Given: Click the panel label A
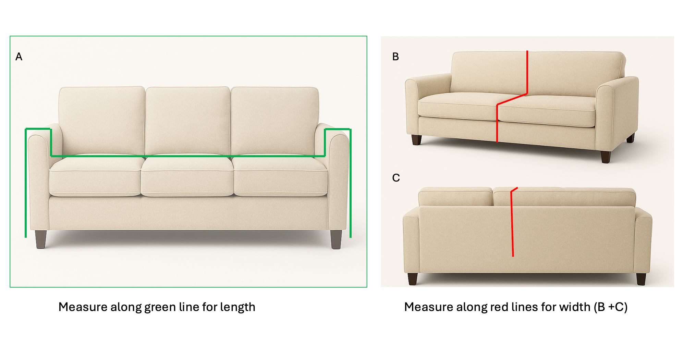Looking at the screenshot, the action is coord(19,57).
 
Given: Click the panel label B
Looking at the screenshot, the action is coord(395,57).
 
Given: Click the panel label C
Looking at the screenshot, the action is coord(396,178).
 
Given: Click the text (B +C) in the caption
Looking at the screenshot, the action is coord(610,307).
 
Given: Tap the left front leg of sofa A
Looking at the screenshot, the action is coord(41,239).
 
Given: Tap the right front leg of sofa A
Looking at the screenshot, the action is coord(336,239).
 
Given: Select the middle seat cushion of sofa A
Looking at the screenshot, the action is coord(187,176).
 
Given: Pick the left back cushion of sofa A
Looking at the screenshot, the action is coord(101,121).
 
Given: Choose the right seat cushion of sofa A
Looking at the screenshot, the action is coord(280,176).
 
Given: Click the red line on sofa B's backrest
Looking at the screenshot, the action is coord(527,72).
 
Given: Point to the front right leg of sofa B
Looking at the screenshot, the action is coord(606,157).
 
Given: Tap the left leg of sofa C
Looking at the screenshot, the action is coord(413,279).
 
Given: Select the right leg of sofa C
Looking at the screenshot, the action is coord(641,279).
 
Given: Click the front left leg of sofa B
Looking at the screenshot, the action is coord(416,140).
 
